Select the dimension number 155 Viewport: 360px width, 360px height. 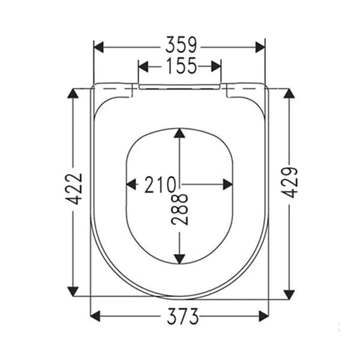[x=179, y=66]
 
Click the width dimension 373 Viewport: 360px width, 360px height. [x=179, y=316]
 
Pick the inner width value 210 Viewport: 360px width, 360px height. [x=159, y=185]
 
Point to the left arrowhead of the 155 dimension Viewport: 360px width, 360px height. [x=143, y=66]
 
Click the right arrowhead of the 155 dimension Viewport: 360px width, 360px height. [x=216, y=66]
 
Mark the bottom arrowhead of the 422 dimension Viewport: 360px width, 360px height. [x=73, y=292]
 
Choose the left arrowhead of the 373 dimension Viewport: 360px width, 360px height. [x=95, y=316]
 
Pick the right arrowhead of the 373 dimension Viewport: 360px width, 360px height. [x=263, y=316]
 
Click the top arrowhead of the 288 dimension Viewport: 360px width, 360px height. [x=179, y=133]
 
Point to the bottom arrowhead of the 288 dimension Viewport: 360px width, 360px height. [x=179, y=258]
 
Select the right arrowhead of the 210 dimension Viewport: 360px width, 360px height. [x=227, y=185]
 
